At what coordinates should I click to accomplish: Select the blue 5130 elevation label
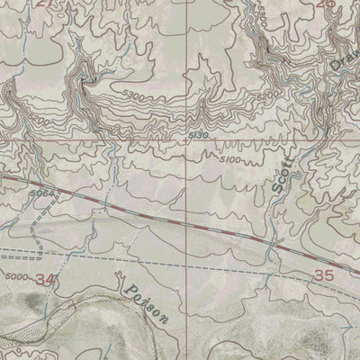[x=200, y=135]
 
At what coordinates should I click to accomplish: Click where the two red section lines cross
[x=187, y=141]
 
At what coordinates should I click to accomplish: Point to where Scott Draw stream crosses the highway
[x=270, y=243]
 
